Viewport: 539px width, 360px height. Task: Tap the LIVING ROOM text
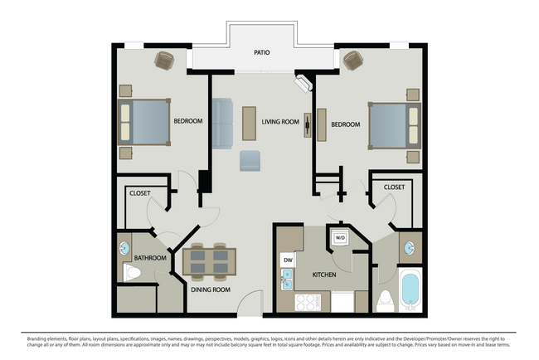[280, 123]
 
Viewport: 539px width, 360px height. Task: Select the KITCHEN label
[323, 275]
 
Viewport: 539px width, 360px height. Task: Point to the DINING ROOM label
[210, 289]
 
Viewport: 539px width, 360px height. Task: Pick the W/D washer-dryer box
[340, 238]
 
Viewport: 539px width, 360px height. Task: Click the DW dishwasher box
[288, 260]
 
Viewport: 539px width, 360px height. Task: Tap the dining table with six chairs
[210, 262]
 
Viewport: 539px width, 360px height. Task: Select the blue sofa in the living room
[222, 123]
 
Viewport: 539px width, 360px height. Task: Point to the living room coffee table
[249, 123]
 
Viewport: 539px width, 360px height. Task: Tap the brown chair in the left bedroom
[165, 60]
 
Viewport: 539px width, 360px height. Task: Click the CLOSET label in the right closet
[395, 187]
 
